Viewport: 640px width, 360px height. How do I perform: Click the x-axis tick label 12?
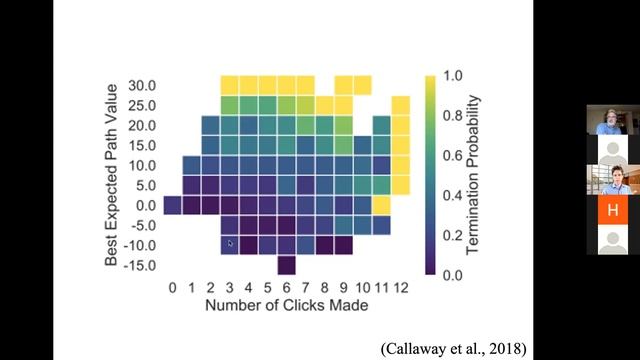[401, 288]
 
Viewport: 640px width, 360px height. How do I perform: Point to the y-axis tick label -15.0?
[140, 266]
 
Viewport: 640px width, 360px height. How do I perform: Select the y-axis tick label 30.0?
[142, 86]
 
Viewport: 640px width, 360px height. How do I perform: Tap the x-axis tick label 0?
[173, 288]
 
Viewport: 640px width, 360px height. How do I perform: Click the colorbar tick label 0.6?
[453, 156]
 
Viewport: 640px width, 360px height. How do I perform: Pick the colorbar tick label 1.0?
[453, 76]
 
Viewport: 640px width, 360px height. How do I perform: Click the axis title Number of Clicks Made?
[287, 305]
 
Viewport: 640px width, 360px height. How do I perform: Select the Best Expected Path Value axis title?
[111, 175]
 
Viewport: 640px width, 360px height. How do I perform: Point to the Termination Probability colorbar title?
[472, 175]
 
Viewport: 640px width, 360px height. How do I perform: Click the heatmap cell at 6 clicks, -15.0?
[287, 265]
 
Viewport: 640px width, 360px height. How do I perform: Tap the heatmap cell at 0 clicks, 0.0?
[173, 205]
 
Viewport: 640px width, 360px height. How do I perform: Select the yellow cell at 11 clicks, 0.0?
[382, 205]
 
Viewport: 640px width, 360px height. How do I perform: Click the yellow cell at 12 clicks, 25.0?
[401, 105]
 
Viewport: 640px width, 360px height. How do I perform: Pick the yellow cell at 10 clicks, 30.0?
[362, 85]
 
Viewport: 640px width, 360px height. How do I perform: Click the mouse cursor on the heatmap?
[230, 244]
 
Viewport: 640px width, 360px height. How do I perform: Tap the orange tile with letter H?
[613, 210]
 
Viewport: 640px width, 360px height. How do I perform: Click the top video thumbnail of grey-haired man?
[613, 120]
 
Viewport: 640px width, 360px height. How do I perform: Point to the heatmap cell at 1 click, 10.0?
[191, 165]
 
